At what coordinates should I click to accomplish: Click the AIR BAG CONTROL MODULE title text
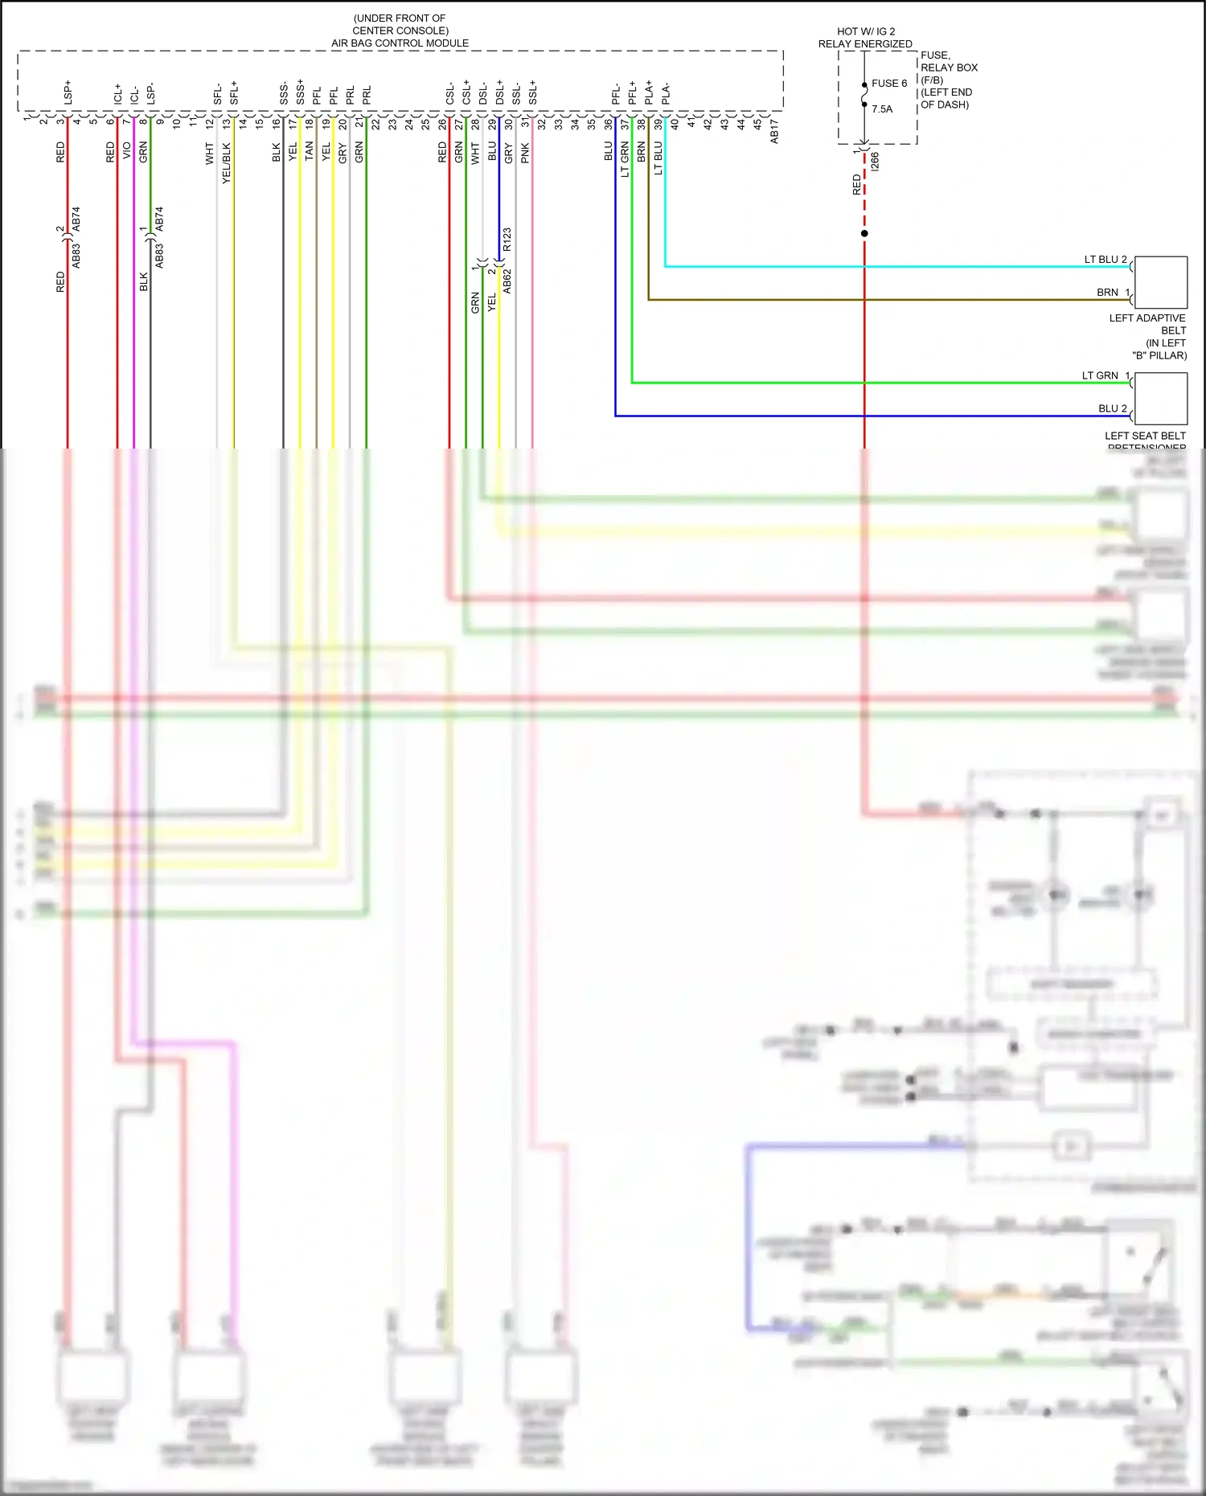tap(400, 43)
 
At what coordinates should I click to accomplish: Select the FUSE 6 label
tap(888, 84)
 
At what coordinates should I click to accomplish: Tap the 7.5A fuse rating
tap(882, 109)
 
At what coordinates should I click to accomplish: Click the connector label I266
tap(876, 161)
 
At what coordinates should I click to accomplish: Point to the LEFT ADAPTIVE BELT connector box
tap(1160, 282)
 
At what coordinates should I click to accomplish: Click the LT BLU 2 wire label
tap(1105, 260)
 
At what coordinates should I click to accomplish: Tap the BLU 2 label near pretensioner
tap(1113, 408)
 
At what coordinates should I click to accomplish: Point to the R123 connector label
tap(507, 240)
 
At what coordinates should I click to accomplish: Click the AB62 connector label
tap(507, 281)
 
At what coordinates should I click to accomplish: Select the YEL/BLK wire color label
tap(226, 163)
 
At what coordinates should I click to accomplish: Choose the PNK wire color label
tap(525, 153)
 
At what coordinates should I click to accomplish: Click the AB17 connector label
tap(774, 132)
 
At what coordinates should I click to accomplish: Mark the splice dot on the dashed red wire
tap(864, 233)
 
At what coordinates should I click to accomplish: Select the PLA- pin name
tap(666, 93)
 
